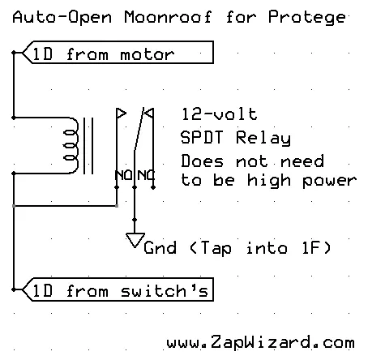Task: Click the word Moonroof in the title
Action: (x=168, y=17)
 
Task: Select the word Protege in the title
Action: (x=307, y=18)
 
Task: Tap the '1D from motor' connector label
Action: (x=118, y=53)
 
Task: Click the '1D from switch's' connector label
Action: (x=118, y=289)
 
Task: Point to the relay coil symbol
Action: (x=71, y=145)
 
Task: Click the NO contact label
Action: (x=124, y=175)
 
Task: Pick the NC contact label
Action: (x=146, y=175)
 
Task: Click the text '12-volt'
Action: (x=220, y=114)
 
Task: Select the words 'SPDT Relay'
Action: (x=236, y=138)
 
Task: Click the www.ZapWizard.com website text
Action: (x=260, y=342)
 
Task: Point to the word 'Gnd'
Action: (x=160, y=247)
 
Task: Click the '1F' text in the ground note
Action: (x=311, y=247)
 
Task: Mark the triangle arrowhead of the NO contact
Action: (x=121, y=114)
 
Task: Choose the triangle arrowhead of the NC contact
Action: (x=149, y=113)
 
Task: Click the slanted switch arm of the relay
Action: (x=139, y=129)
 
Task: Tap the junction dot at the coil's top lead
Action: (x=14, y=118)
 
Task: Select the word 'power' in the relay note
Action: (x=330, y=181)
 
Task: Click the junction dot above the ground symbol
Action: (x=135, y=220)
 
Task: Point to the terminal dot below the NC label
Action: (x=153, y=187)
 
